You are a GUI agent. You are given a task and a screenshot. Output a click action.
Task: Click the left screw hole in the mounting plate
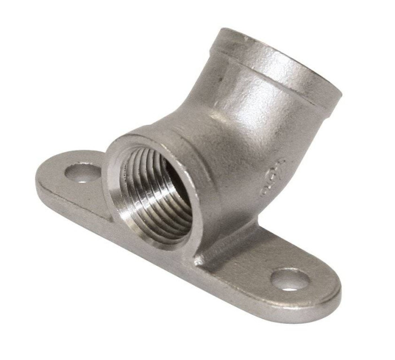click(82, 172)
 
